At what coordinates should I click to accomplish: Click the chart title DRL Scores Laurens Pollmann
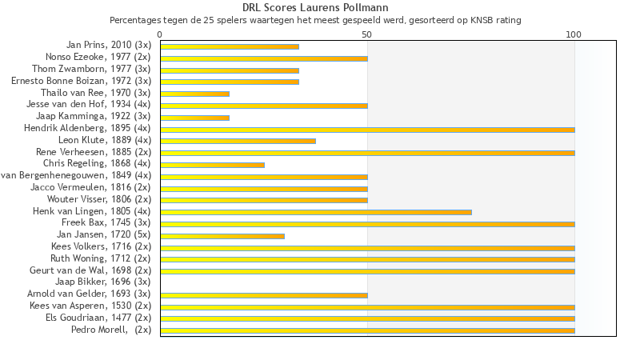[x=315, y=8]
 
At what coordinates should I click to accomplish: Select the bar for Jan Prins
[x=230, y=46]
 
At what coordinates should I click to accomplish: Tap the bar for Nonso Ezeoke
[x=264, y=58]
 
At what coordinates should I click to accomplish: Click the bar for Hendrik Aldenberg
[x=367, y=129]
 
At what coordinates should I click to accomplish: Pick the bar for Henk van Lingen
[x=316, y=212]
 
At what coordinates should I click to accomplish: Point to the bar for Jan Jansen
[x=222, y=236]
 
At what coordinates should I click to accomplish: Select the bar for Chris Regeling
[x=212, y=165]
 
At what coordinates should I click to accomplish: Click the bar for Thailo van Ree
[x=194, y=94]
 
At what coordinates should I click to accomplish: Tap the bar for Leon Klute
[x=238, y=141]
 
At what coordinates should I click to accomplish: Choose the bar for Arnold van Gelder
[x=264, y=295]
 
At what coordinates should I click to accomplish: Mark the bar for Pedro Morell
[x=367, y=330]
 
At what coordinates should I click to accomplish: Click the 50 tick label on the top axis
[x=367, y=34]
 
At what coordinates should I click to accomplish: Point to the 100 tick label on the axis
[x=574, y=34]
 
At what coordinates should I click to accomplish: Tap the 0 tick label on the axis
[x=160, y=34]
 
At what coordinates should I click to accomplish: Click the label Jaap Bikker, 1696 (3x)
[x=102, y=282]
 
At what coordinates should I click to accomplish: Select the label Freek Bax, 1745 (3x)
[x=106, y=222]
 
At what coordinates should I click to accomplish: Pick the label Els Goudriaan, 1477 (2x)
[x=98, y=318]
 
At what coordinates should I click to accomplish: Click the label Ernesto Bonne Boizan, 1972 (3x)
[x=81, y=81]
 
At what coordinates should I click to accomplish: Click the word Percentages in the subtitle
[x=134, y=19]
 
